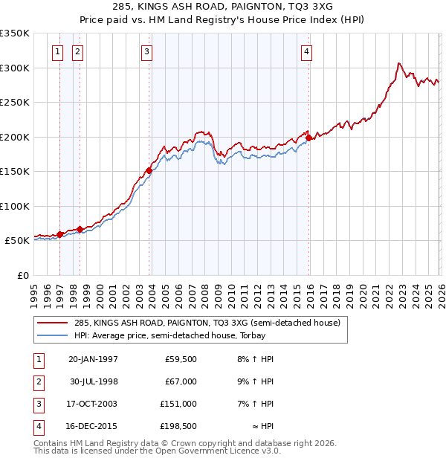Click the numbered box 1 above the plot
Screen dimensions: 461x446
click(x=57, y=51)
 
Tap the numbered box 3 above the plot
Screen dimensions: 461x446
click(x=147, y=51)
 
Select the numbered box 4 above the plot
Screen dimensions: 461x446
click(x=306, y=51)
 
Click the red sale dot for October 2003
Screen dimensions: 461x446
click(x=149, y=170)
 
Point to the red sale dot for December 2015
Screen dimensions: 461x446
click(x=309, y=137)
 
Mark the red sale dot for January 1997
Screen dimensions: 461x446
click(x=60, y=234)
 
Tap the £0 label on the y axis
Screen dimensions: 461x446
click(x=22, y=275)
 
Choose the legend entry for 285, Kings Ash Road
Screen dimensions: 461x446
click(x=207, y=323)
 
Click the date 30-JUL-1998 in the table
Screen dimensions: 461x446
click(x=93, y=381)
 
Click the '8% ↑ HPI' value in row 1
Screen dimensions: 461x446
click(x=255, y=359)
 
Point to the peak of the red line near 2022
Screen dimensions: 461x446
click(x=399, y=63)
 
